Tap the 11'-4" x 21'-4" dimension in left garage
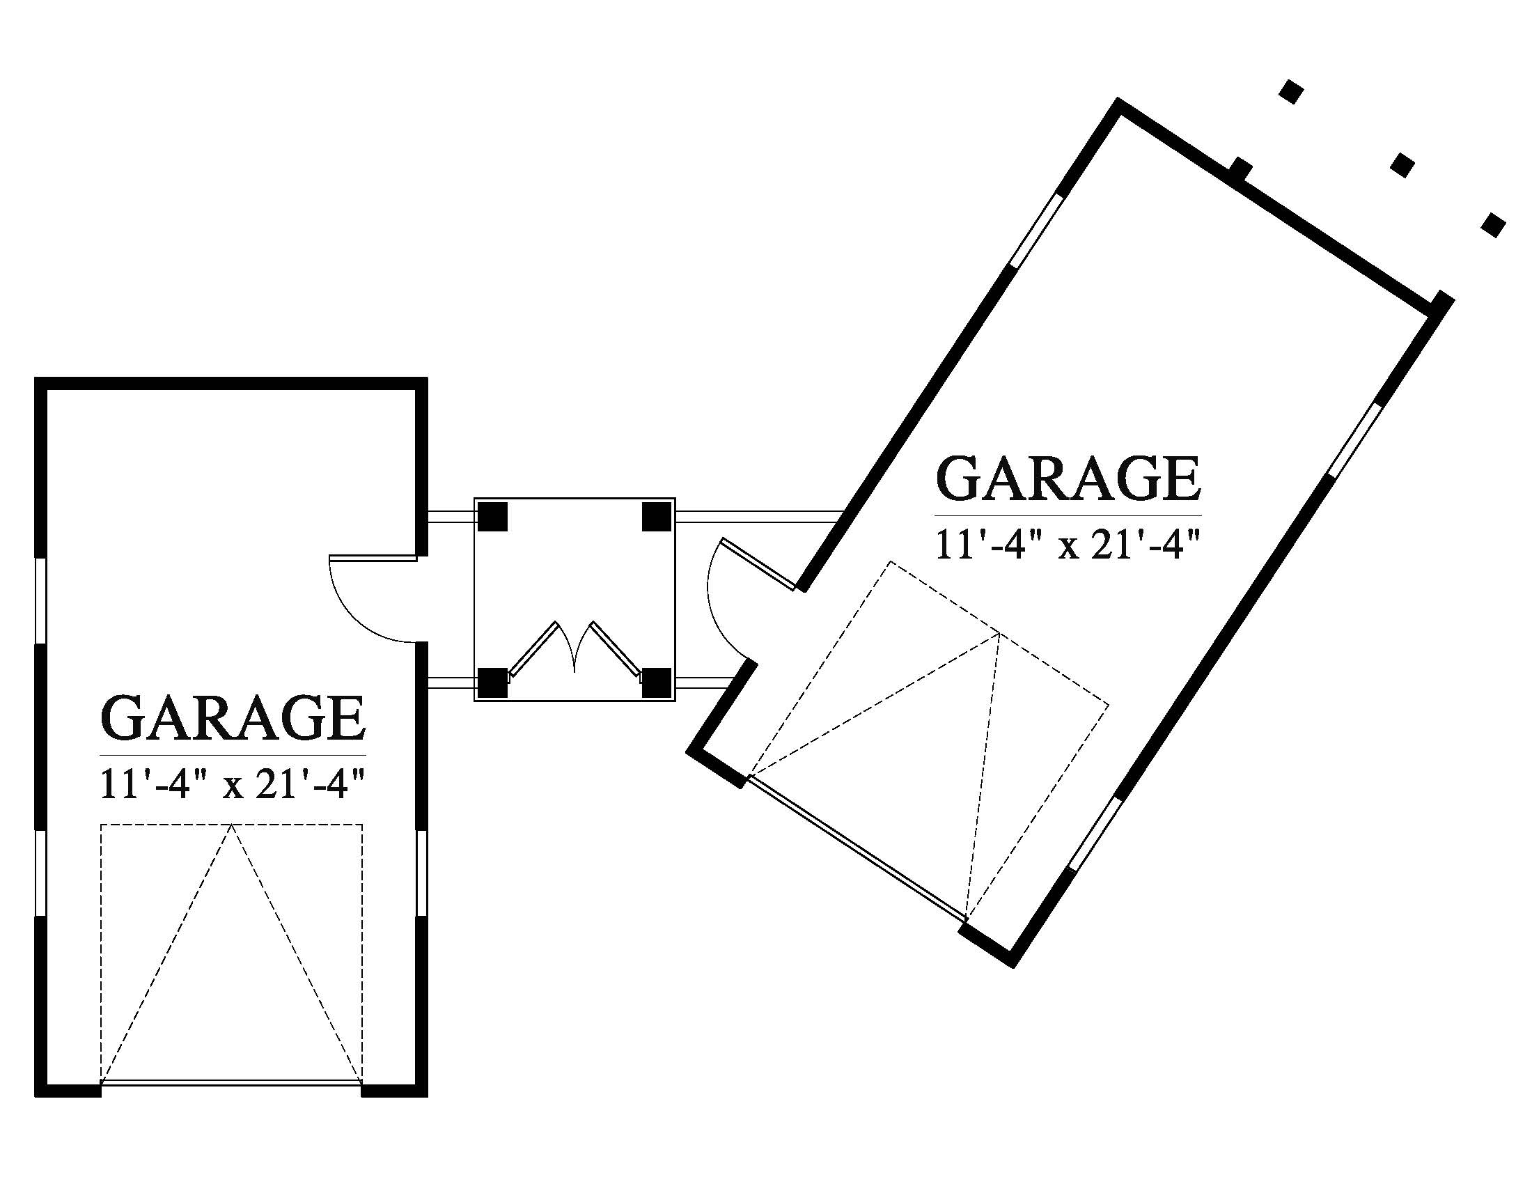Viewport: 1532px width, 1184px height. coord(233,784)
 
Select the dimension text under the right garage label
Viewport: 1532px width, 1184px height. coord(1068,545)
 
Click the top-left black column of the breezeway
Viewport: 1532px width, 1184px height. coord(492,517)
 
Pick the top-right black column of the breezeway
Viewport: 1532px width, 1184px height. coord(657,517)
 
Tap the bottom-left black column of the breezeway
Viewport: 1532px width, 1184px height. coord(492,682)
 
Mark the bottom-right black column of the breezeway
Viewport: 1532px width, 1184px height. coord(657,682)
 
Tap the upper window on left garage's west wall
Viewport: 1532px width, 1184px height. coord(40,600)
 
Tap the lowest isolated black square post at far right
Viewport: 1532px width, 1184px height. coord(1494,224)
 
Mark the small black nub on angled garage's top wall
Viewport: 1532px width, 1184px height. coord(1241,169)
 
